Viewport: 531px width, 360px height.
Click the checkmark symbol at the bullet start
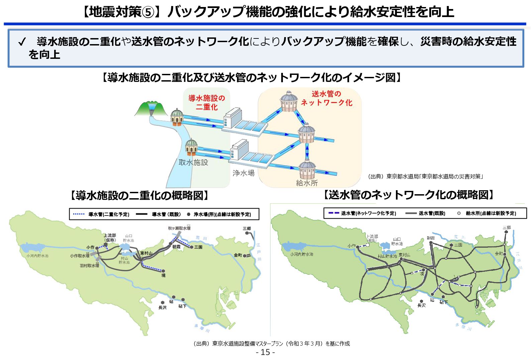[22, 42]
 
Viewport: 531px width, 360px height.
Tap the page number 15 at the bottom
[265, 352]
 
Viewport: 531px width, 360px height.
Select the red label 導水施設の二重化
[206, 102]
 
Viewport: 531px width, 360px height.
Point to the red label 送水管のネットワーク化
[326, 98]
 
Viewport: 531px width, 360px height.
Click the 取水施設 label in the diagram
[193, 162]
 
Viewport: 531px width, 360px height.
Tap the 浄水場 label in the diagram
[243, 173]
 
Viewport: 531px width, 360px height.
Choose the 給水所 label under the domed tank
[307, 183]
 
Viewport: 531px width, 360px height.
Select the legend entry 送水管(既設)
[425, 213]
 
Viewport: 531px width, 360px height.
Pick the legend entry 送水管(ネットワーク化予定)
[362, 213]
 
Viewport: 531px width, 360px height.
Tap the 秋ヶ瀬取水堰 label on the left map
[179, 228]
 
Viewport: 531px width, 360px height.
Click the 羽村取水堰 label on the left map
[89, 265]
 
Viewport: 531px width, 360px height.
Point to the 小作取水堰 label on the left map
[80, 256]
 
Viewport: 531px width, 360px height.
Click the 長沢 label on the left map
[162, 308]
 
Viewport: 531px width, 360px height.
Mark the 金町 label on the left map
[238, 255]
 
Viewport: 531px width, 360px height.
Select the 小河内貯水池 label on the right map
[302, 254]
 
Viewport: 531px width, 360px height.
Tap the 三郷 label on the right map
[507, 227]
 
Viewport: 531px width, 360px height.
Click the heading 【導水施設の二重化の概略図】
[139, 196]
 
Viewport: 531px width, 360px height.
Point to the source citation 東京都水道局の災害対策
[425, 176]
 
